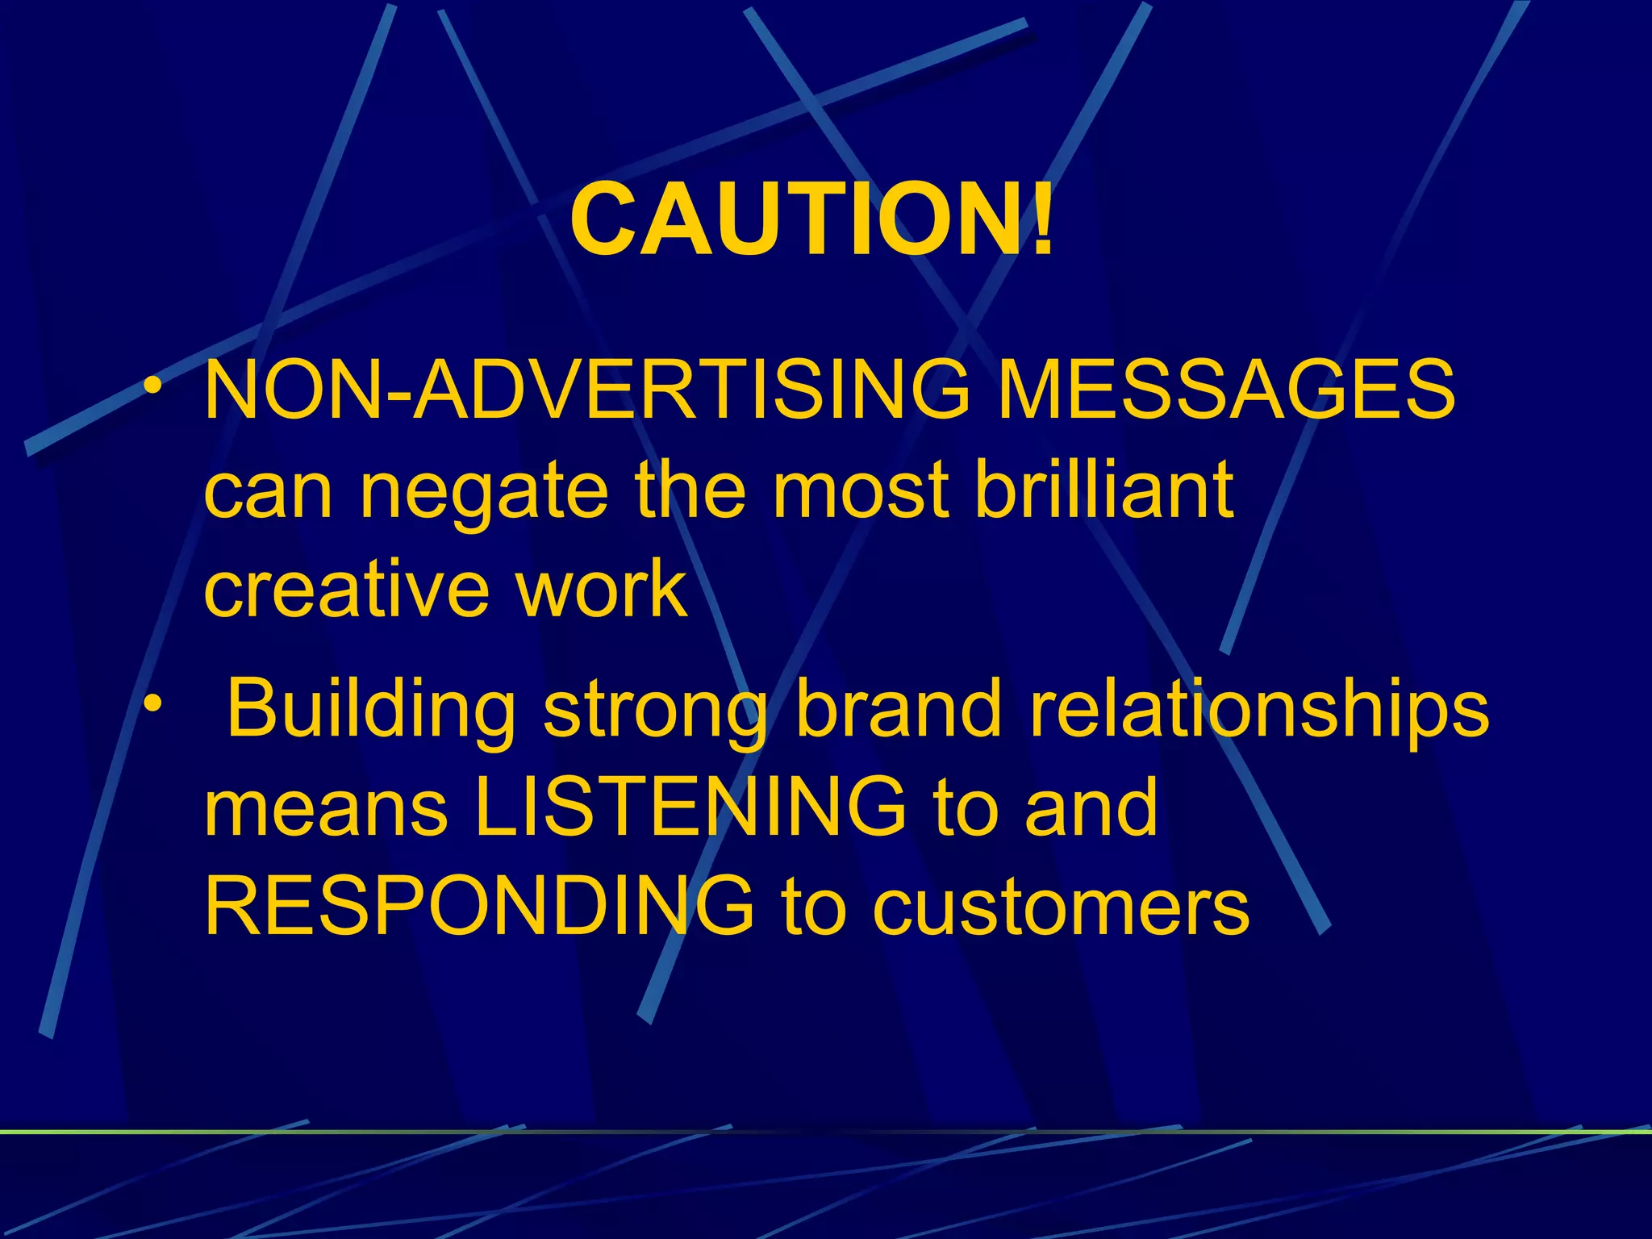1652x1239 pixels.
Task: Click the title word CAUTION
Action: click(x=795, y=219)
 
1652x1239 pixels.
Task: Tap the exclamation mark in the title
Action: click(x=1041, y=219)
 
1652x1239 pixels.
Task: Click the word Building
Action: click(x=372, y=707)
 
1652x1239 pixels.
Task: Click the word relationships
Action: click(x=1259, y=707)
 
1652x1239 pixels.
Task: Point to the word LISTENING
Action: click(x=690, y=807)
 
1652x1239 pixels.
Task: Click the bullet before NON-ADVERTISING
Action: click(x=153, y=386)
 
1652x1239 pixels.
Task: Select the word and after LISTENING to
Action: click(x=1091, y=807)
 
